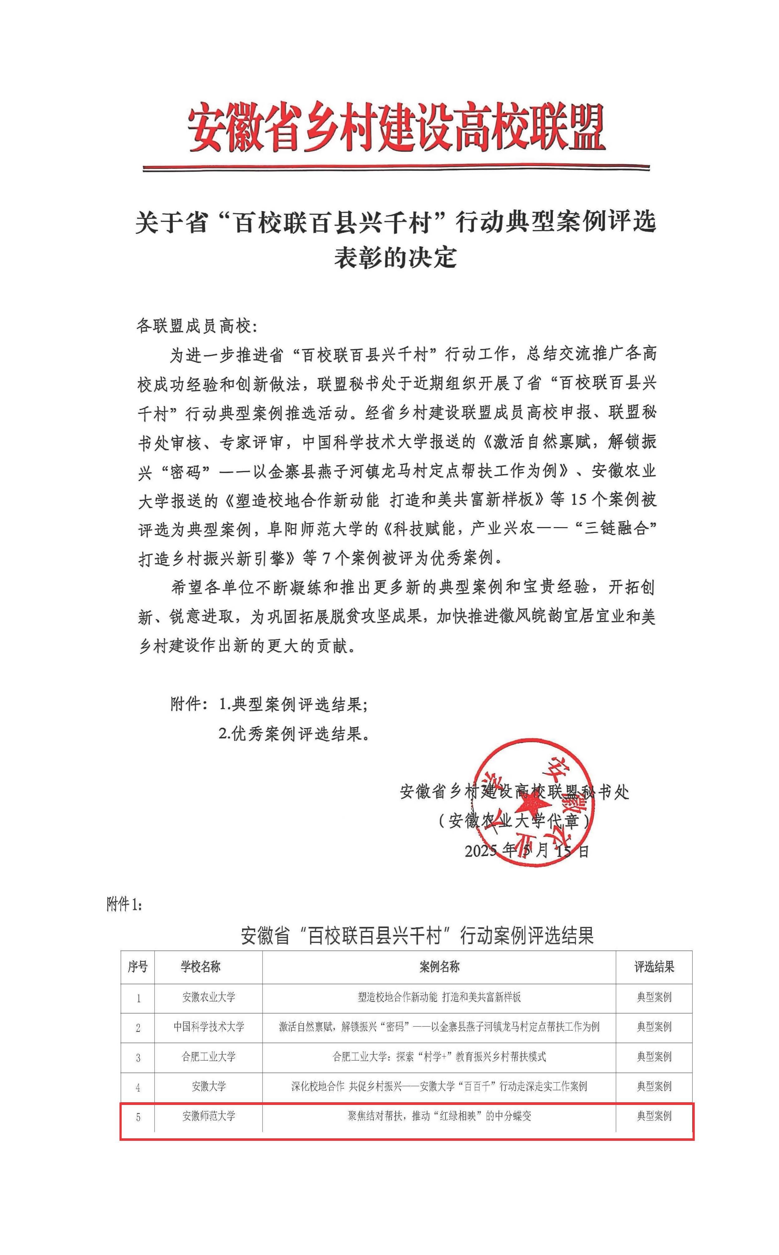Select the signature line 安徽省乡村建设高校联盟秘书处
(x=514, y=791)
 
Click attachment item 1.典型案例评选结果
(x=293, y=704)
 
